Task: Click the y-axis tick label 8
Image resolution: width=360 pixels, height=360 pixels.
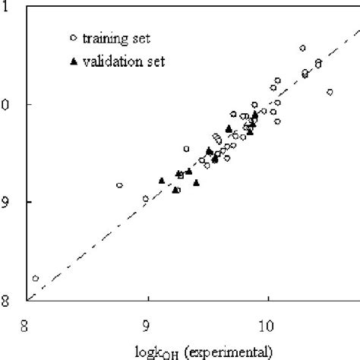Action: click(7, 301)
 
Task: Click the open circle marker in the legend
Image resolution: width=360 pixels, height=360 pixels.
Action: click(72, 36)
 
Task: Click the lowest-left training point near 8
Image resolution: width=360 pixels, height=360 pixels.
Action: click(35, 279)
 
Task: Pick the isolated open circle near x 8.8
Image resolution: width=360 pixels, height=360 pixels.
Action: click(119, 185)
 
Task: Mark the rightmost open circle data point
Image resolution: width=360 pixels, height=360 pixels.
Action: click(330, 92)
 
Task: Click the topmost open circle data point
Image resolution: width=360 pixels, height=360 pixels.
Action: click(302, 48)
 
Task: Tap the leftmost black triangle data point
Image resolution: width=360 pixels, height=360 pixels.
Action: click(161, 181)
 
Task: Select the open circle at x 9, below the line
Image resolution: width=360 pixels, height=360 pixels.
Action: click(146, 199)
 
